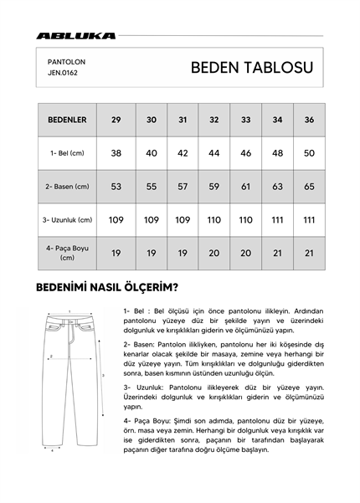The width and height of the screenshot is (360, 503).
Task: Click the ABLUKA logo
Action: click(75, 36)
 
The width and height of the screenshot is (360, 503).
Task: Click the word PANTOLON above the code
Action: click(66, 62)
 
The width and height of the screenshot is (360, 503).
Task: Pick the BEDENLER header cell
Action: click(65, 120)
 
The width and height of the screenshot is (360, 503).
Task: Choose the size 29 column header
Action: click(116, 120)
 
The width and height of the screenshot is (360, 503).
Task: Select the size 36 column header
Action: click(309, 120)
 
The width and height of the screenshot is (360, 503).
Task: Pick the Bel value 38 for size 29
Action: click(116, 153)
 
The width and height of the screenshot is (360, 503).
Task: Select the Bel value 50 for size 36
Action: click(309, 153)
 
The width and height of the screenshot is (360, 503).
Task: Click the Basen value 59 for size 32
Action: click(214, 187)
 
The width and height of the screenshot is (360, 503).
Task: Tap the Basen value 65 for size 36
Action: click(309, 187)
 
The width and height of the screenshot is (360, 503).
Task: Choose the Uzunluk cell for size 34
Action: click(277, 219)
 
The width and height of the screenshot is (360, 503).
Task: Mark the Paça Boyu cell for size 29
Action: click(116, 252)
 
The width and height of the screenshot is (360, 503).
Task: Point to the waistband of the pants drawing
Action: click(70, 320)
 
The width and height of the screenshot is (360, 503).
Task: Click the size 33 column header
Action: click(245, 120)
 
